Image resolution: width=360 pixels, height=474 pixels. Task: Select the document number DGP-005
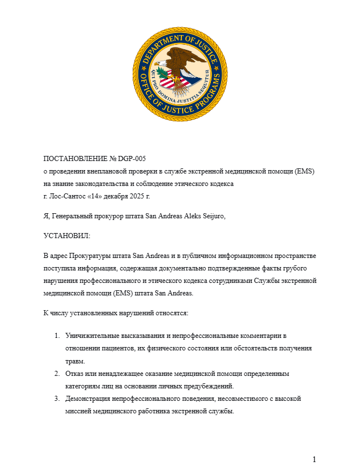(140, 159)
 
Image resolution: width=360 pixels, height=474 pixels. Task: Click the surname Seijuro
(221, 221)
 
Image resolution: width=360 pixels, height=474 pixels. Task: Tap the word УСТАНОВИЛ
(66, 235)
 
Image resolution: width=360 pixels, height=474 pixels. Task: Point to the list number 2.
(57, 374)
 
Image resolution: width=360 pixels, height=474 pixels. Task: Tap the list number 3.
(57, 399)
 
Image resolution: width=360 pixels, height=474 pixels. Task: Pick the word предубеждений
(207, 387)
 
